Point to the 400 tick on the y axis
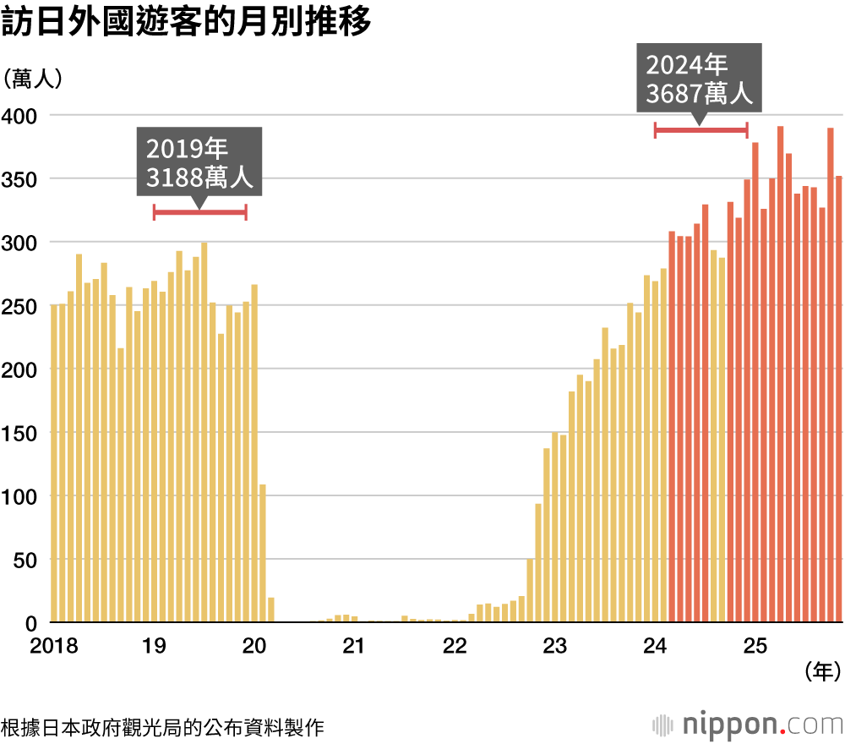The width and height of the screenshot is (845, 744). click(19, 116)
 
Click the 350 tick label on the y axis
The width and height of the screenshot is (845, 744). click(19, 179)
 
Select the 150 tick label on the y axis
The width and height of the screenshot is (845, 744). click(19, 433)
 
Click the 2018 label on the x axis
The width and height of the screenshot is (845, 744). click(53, 647)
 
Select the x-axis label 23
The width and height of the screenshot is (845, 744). click(554, 647)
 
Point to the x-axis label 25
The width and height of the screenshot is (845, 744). click(755, 647)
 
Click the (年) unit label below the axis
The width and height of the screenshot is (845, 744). click(820, 673)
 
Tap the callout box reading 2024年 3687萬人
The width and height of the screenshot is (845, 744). click(699, 78)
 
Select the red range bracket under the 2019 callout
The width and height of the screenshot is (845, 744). click(199, 212)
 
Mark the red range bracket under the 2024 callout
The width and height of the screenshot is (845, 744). click(701, 129)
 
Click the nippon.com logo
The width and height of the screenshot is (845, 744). click(748, 725)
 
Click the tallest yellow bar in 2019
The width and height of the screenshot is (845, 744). click(204, 432)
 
